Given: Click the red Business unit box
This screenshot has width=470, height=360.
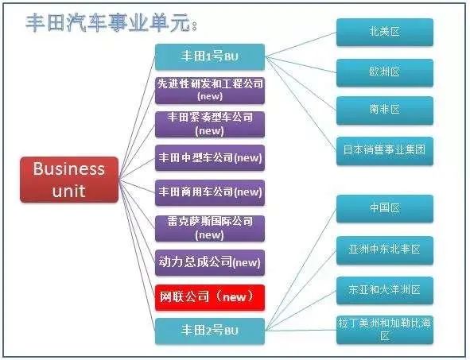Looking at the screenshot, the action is pos(69,180).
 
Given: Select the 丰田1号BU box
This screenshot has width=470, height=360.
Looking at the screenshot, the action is pos(210,57).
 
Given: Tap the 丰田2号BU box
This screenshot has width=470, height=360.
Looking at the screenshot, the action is pos(210,331).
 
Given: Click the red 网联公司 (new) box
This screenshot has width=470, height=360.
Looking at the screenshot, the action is pos(210,297).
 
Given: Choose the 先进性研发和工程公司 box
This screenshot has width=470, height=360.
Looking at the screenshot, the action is pos(210,91).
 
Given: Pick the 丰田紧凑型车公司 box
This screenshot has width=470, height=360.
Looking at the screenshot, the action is pos(210,124).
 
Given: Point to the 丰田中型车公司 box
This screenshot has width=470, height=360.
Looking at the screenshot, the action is pos(210,158).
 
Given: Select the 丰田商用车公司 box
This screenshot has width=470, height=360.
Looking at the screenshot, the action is pos(210,192).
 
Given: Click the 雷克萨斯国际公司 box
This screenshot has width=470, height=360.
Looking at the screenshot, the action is pos(210,228).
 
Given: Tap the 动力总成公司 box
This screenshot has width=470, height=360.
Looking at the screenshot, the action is pos(210,263).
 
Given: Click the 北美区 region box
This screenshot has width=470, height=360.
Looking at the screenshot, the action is pos(385,32).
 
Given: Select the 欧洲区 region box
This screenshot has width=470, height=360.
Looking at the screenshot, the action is pos(385,73).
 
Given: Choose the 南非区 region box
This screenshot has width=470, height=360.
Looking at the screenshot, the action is pos(385,110).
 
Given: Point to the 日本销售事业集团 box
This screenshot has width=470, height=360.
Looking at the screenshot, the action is pos(385,151).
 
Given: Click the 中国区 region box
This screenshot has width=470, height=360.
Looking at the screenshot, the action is pos(385,208).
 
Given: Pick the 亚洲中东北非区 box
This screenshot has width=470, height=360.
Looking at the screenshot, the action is pos(385,250).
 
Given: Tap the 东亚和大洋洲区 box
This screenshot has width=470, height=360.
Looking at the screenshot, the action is pos(385,291).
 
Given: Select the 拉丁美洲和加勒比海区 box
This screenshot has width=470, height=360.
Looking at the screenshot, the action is pos(385,330).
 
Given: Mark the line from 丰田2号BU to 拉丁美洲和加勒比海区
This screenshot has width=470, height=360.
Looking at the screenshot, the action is pos(301,331).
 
